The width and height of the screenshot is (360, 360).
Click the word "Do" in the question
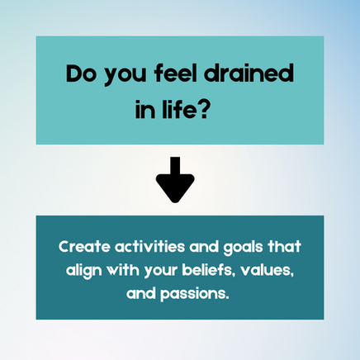tap(81, 73)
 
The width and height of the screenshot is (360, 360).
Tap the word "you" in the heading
tap(125, 76)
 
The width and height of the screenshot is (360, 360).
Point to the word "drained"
tap(249, 73)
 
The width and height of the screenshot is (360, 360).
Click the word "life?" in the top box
tap(185, 109)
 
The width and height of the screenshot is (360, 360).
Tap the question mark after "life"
tap(202, 110)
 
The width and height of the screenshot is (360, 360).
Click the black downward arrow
tap(175, 180)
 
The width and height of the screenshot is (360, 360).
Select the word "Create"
tap(84, 247)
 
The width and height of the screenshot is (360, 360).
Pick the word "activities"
tap(149, 247)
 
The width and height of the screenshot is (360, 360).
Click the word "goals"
tap(243, 248)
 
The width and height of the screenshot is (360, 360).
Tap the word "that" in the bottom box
tap(285, 247)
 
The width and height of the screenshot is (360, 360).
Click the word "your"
tap(160, 272)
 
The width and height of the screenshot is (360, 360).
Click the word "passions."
tap(195, 295)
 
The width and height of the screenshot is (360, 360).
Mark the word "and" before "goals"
tap(204, 247)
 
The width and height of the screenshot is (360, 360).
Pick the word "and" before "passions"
tap(141, 293)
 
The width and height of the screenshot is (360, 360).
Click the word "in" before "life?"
tap(144, 110)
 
